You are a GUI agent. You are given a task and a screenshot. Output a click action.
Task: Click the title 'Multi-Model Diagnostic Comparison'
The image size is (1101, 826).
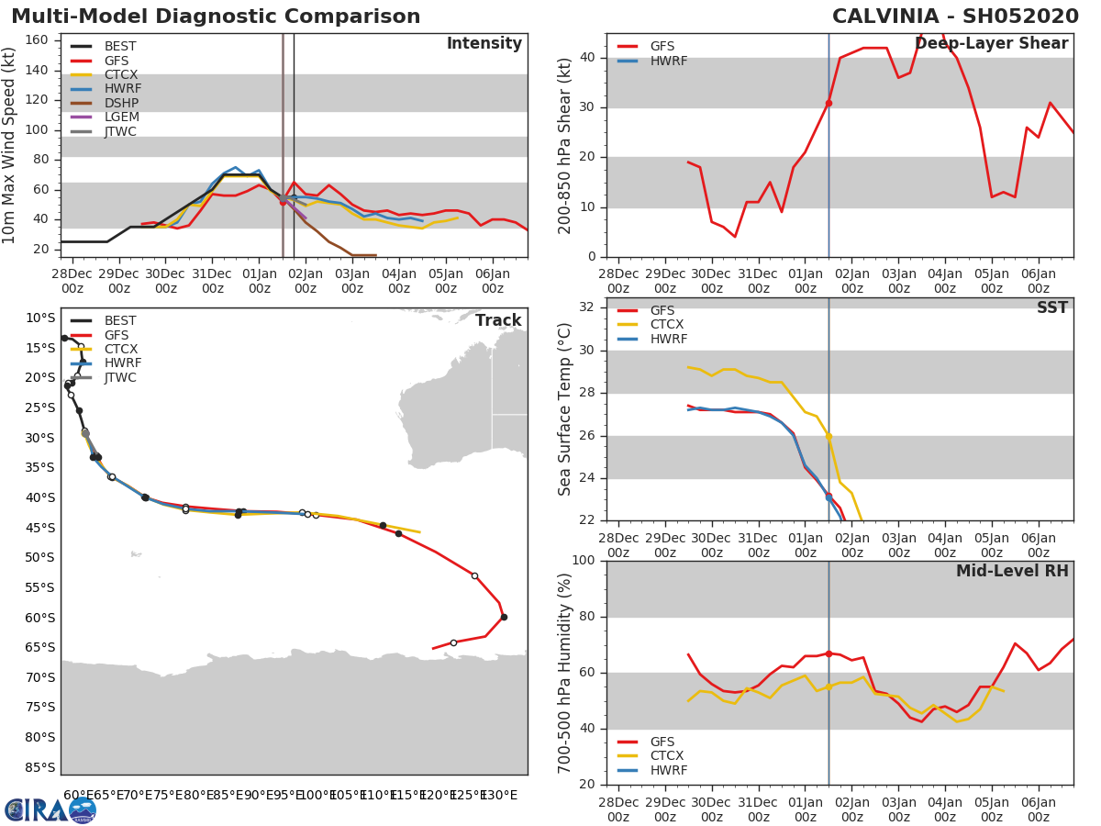tap(216, 17)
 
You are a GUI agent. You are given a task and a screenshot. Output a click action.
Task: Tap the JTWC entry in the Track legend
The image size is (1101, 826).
tap(120, 377)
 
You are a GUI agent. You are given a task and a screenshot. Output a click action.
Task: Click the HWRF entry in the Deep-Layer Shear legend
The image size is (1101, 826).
tap(667, 61)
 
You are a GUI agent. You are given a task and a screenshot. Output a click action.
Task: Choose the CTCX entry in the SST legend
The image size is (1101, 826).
tap(667, 325)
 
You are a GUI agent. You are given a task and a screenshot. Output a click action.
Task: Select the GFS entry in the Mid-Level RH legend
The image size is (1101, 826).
tap(662, 742)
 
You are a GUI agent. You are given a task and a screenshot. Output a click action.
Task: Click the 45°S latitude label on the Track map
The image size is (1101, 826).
tap(39, 528)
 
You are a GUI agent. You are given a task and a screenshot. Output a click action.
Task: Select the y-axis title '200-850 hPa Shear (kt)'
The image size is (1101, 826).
tap(566, 146)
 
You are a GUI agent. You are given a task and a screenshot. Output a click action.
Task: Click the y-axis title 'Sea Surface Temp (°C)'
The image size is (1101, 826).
tap(566, 409)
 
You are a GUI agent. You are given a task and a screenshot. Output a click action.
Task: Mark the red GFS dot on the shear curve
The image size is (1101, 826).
tap(829, 103)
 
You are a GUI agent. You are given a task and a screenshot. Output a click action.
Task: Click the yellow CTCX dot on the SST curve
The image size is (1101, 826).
tap(829, 437)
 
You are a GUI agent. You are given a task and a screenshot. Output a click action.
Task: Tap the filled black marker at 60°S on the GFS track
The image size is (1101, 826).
tap(504, 617)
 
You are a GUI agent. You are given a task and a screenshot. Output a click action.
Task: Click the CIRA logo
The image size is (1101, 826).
tap(50, 809)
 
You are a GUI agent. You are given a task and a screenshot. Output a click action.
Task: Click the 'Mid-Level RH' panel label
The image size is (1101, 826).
tap(1011, 572)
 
